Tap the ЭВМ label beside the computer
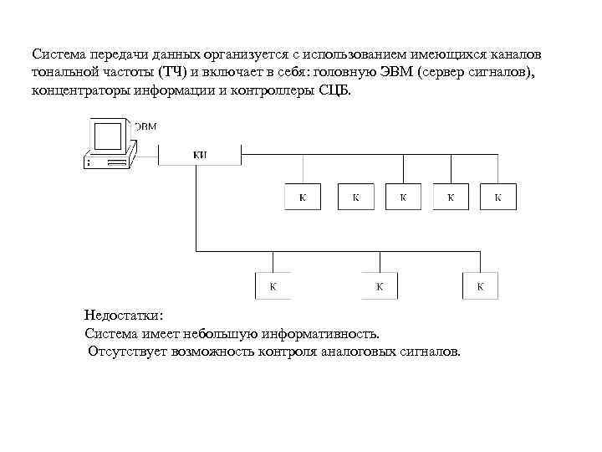coord(145,126)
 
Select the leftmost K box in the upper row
coord(302,198)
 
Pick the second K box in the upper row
coord(355,198)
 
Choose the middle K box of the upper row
coord(403,198)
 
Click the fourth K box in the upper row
coord(451,198)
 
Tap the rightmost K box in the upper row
coord(498,198)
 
